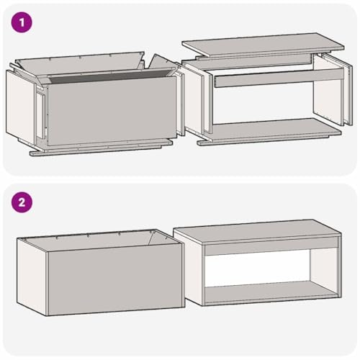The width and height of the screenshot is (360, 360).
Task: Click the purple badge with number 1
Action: pyautogui.click(x=22, y=22)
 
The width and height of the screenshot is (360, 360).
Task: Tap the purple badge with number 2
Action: pyautogui.click(x=22, y=202)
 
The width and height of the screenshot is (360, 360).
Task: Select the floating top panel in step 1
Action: pyautogui.click(x=263, y=45)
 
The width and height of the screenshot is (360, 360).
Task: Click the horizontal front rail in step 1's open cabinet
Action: pyautogui.click(x=279, y=78)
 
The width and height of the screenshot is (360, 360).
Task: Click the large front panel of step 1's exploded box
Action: pyautogui.click(x=112, y=111)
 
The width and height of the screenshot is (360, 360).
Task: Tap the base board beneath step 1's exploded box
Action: pyautogui.click(x=101, y=147)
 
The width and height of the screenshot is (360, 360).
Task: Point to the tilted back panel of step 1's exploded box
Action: pyautogui.click(x=79, y=63)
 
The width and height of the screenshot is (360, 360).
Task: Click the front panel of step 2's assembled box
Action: pyautogui.click(x=116, y=279)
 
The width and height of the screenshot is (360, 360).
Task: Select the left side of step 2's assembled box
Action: pyautogui.click(x=32, y=276)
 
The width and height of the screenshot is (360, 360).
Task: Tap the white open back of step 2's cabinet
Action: pyautogui.click(x=258, y=268)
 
